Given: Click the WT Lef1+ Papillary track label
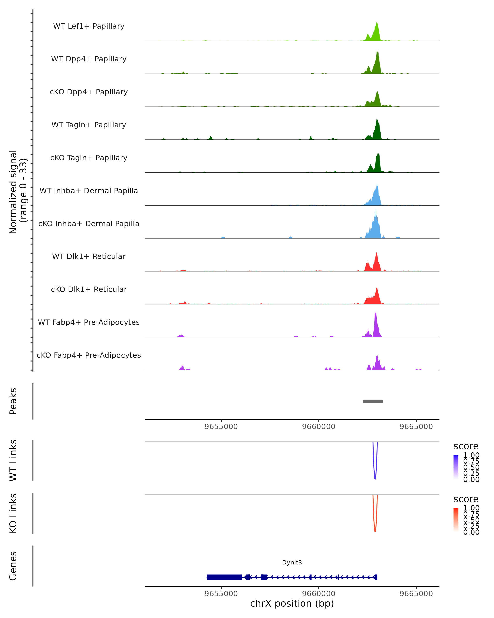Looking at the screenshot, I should [x=89, y=26].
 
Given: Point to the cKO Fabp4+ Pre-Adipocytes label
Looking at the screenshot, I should [x=89, y=355].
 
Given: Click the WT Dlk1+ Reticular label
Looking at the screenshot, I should [x=89, y=256].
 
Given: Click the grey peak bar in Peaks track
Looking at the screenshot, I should [x=373, y=401].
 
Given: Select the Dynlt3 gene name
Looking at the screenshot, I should [x=292, y=562].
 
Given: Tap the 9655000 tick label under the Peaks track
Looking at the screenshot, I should [x=221, y=427].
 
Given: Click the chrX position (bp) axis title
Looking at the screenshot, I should [x=292, y=604].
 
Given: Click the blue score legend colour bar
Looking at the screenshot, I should [x=456, y=467].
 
